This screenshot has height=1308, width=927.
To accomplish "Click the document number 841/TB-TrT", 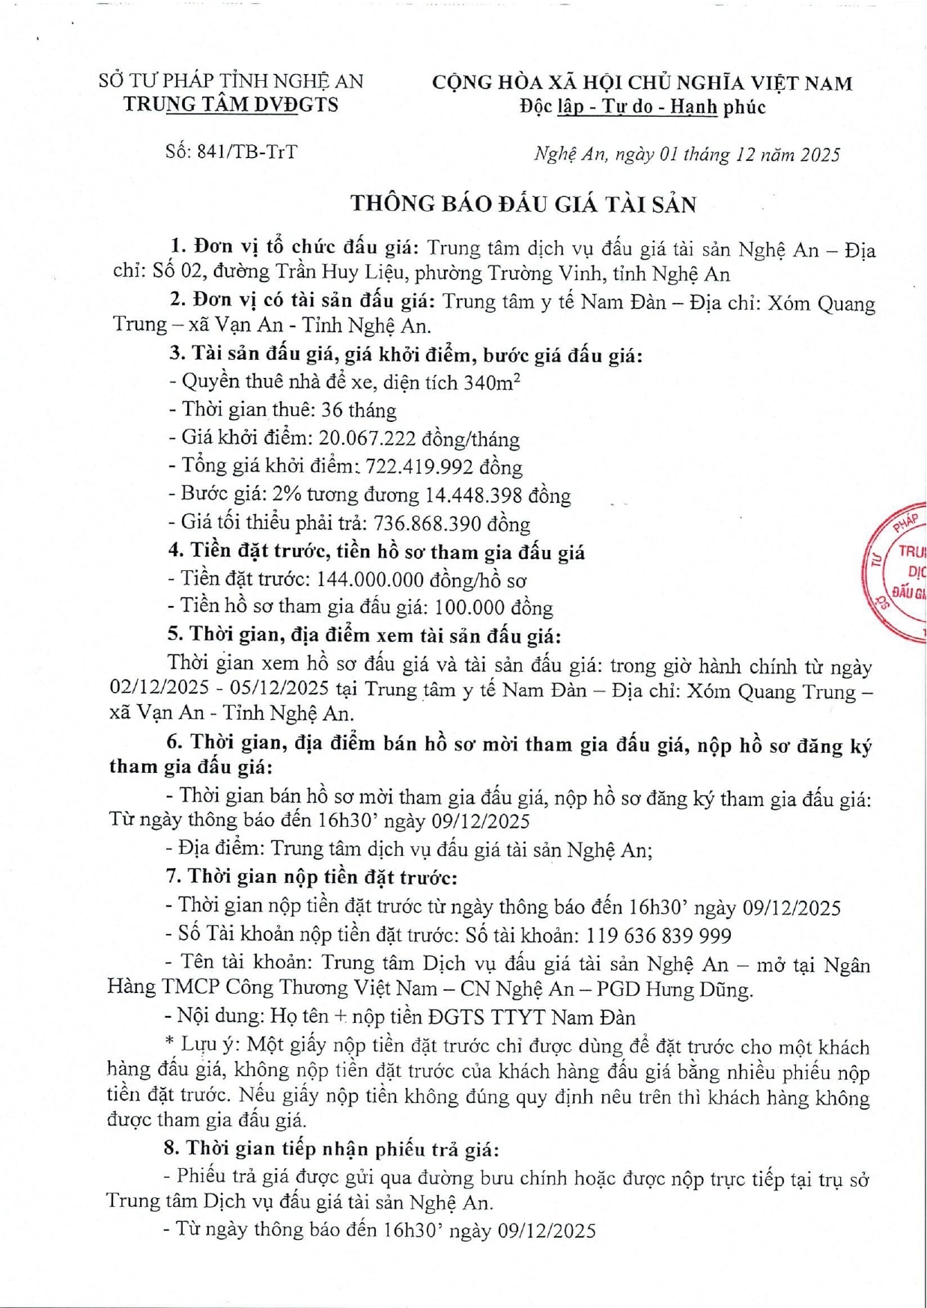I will [x=246, y=152].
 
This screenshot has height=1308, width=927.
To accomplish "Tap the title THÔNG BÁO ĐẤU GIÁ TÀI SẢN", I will [x=523, y=204].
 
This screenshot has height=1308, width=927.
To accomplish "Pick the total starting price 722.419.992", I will [x=419, y=467].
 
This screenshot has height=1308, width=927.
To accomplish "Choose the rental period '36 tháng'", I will [x=359, y=410].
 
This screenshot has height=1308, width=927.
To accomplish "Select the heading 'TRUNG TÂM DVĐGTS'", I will [x=231, y=105].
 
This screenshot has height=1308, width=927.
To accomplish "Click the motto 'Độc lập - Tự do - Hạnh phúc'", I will [x=642, y=107].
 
